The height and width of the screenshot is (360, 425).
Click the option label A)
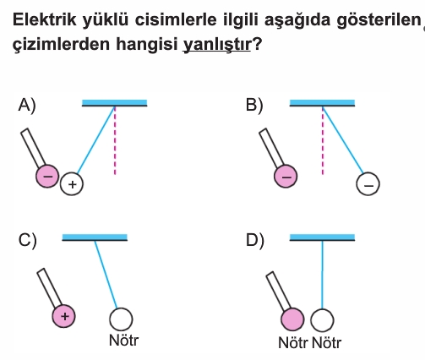[27, 105]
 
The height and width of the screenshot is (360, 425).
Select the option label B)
[254, 105]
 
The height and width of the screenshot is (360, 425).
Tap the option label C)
[27, 240]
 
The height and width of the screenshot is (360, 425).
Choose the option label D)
[255, 240]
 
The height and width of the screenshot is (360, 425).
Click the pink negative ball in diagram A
[47, 176]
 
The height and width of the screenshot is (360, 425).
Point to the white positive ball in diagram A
[72, 184]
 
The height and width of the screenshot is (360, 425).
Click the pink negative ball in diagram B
[286, 176]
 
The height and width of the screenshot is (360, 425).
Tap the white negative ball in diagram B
[368, 184]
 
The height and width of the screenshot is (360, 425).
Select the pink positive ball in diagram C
[64, 316]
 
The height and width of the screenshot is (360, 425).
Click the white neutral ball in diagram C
[121, 319]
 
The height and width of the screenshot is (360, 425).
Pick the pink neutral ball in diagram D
[292, 319]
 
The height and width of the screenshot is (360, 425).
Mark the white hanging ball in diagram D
[322, 320]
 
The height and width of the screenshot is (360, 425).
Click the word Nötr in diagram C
[123, 341]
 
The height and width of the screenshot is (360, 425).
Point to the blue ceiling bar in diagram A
[114, 103]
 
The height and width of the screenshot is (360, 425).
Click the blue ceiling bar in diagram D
[322, 237]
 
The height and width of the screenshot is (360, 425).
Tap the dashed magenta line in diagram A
[115, 141]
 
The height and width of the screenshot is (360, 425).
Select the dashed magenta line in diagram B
[323, 141]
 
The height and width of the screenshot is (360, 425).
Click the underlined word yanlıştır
[217, 44]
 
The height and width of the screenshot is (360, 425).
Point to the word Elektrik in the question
[45, 19]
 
